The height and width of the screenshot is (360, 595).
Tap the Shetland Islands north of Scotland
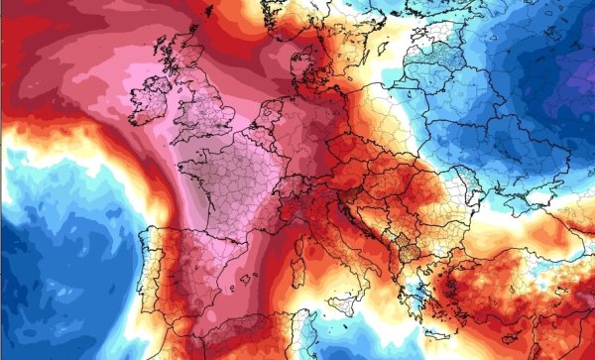click(x=209, y=11)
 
